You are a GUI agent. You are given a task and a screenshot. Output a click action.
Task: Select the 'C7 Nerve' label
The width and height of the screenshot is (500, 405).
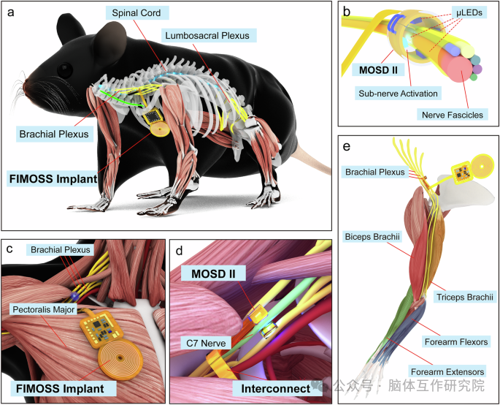pyautogui.click(x=205, y=341)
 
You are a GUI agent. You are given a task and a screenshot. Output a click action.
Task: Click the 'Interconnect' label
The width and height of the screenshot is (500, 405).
pyautogui.click(x=272, y=387)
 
